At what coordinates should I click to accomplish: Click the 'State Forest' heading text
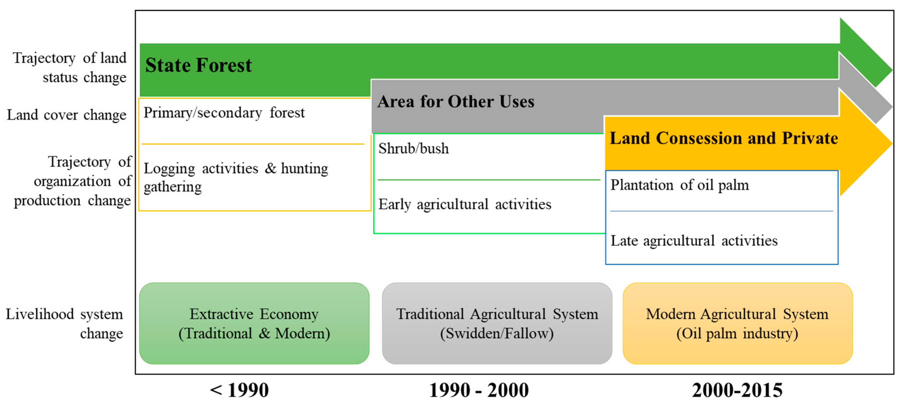pos(198,65)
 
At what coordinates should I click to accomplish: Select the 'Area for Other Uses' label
pos(456,102)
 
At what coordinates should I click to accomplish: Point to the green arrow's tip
pos(892,70)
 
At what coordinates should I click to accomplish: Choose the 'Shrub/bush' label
pos(413,148)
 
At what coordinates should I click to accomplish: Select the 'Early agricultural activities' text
pos(464,204)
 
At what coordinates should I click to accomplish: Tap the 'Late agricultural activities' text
pos(694,241)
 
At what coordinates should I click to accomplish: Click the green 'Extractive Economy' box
pos(254,323)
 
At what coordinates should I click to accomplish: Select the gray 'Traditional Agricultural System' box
pos(497,323)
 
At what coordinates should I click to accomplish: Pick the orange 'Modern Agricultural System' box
pos(737,323)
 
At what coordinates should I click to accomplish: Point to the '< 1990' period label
pos(239,390)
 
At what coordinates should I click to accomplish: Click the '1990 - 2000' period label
pos(479,390)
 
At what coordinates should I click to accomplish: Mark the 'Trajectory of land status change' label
pos(69,67)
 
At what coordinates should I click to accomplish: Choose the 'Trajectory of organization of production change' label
pos(72,181)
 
